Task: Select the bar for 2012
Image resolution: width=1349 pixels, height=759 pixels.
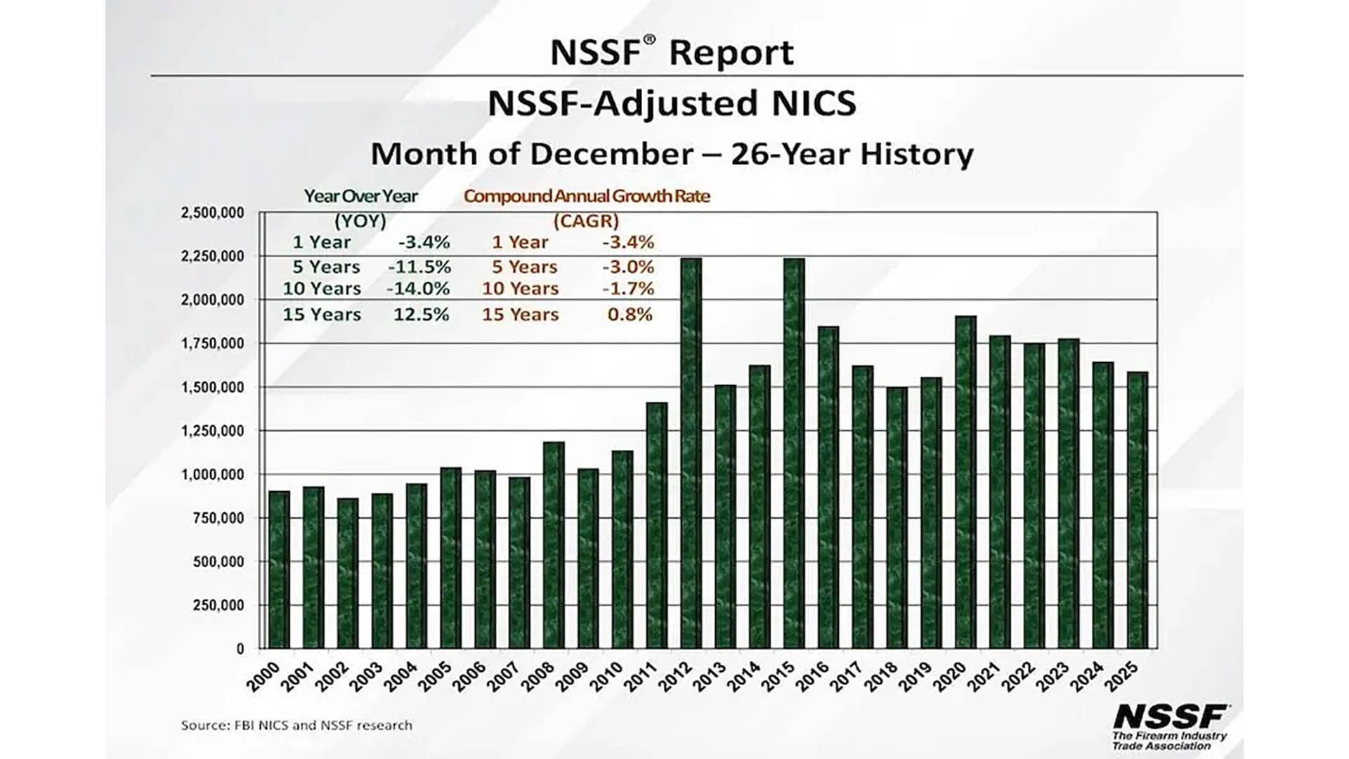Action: [691, 453]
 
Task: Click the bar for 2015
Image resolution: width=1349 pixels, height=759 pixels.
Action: [794, 453]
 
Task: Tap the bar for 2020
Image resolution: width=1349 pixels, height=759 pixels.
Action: [966, 482]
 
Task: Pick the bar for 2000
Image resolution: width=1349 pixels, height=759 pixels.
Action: [279, 570]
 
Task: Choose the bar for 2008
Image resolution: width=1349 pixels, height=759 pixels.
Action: [554, 545]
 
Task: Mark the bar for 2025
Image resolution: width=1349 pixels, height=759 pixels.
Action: [1138, 510]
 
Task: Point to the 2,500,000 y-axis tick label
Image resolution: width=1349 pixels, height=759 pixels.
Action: [213, 212]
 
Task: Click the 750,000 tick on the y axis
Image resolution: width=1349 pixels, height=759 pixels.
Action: [218, 518]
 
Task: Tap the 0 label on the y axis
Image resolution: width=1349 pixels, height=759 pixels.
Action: [240, 649]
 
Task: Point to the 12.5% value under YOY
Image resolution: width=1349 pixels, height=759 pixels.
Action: [421, 314]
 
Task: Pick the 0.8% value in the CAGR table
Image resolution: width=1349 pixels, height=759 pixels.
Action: [630, 314]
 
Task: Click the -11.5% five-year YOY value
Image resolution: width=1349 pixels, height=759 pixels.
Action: [419, 267]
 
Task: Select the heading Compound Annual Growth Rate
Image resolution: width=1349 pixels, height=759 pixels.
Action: [587, 196]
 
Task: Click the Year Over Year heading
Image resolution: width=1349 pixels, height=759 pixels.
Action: [360, 196]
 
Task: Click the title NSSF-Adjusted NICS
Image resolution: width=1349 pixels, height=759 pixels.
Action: [672, 103]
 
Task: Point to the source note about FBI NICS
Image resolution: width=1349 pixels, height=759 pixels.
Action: [296, 725]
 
